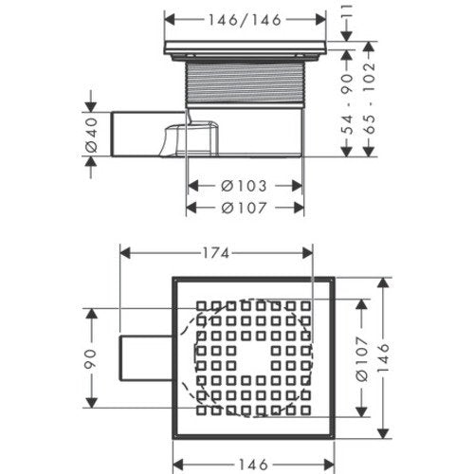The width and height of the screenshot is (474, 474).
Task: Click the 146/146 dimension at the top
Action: coord(245,20)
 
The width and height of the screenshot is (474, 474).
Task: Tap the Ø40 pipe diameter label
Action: coord(92,135)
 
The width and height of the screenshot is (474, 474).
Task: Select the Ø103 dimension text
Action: coord(244,186)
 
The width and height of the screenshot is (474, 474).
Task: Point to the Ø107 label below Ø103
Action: coord(244,208)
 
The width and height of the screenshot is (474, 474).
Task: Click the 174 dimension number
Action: coord(216,253)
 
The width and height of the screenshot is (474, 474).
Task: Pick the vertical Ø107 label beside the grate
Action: coord(362,358)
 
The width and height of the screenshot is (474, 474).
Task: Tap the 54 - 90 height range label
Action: coord(347,103)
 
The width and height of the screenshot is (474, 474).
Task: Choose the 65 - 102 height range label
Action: coord(369,99)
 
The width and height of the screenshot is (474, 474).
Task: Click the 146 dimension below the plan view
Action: coord(253,465)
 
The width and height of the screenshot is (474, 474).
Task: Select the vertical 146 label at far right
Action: coord(383,357)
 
